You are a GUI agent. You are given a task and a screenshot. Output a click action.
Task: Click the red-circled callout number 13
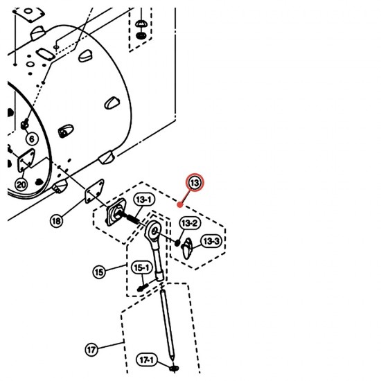click(195, 182)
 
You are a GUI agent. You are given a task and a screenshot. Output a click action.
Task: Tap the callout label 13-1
click(144, 200)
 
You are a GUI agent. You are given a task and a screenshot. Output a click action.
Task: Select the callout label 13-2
click(190, 223)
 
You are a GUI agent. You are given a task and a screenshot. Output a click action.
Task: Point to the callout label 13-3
click(211, 241)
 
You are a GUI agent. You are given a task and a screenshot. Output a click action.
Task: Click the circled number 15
click(99, 272)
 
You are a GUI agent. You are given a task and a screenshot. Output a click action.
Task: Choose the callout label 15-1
click(142, 267)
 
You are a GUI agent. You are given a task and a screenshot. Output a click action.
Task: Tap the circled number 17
click(91, 350)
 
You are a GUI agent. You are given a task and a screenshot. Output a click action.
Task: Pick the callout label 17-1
click(147, 360)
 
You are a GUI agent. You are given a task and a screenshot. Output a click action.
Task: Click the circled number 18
click(56, 221)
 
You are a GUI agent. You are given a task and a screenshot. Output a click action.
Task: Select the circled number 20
click(21, 185)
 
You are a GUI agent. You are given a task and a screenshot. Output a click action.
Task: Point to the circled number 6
click(32, 139)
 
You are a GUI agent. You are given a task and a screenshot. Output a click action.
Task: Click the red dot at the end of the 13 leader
click(180, 204)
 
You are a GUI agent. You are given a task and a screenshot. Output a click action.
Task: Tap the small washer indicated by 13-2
click(177, 242)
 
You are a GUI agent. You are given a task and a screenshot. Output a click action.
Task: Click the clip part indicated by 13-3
click(187, 248)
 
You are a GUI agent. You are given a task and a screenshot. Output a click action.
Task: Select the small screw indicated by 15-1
click(143, 287)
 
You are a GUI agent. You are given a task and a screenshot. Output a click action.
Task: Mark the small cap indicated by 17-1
click(174, 369)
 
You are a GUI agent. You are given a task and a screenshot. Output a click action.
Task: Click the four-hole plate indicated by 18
click(94, 191)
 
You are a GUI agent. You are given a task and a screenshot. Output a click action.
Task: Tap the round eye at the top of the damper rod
click(154, 231)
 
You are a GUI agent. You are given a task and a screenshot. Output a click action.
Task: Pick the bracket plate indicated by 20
click(26, 161)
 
